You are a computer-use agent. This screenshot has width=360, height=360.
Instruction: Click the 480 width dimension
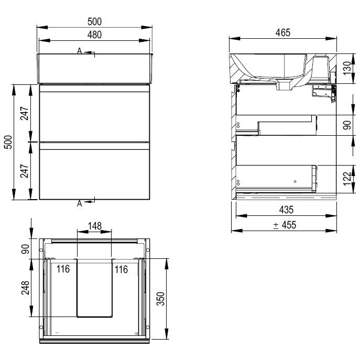click(94, 35)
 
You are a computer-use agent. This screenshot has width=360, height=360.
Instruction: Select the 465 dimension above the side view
click(283, 32)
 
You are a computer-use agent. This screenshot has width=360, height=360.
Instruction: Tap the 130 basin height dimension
click(347, 68)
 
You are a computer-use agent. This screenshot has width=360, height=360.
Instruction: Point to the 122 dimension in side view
click(347, 179)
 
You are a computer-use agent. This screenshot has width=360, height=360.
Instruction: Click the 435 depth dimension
click(286, 210)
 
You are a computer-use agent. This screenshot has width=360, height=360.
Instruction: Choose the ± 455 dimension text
click(285, 225)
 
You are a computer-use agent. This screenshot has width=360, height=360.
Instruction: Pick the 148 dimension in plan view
click(95, 226)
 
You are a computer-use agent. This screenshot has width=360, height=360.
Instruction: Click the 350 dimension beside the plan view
click(160, 299)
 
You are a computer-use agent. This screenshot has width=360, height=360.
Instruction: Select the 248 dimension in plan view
click(25, 288)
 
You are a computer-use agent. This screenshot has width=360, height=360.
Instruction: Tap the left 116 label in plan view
click(63, 269)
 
